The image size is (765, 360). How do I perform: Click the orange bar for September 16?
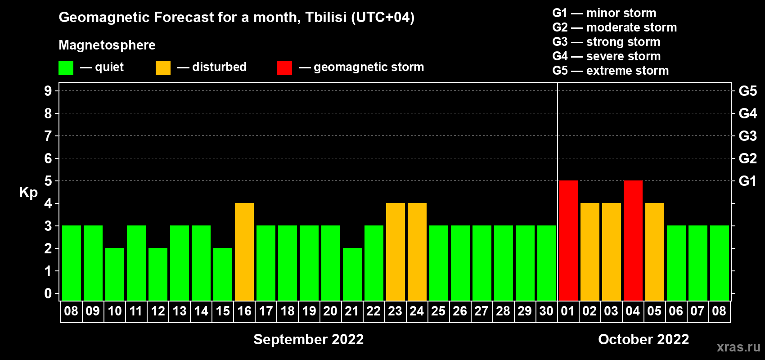244,252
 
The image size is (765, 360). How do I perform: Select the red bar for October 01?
568,240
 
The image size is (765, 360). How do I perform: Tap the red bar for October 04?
633,240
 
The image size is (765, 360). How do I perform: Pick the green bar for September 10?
115,274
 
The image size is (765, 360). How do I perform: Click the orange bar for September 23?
396,252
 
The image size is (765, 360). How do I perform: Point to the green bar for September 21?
352,274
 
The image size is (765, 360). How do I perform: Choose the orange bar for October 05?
655,252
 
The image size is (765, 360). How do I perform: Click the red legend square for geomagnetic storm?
284,67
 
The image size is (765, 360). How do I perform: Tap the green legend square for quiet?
66,67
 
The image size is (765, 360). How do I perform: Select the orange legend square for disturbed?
163,67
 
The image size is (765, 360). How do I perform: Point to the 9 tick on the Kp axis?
48,91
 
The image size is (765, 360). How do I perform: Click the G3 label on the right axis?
748,136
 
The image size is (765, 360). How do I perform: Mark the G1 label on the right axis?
748,181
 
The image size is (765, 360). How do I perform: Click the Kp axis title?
28,193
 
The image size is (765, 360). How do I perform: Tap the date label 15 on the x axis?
223,311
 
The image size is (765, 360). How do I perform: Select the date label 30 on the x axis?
546,311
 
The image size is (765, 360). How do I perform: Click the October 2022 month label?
643,339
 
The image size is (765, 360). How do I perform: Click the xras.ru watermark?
738,347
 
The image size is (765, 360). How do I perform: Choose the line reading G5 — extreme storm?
611,71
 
